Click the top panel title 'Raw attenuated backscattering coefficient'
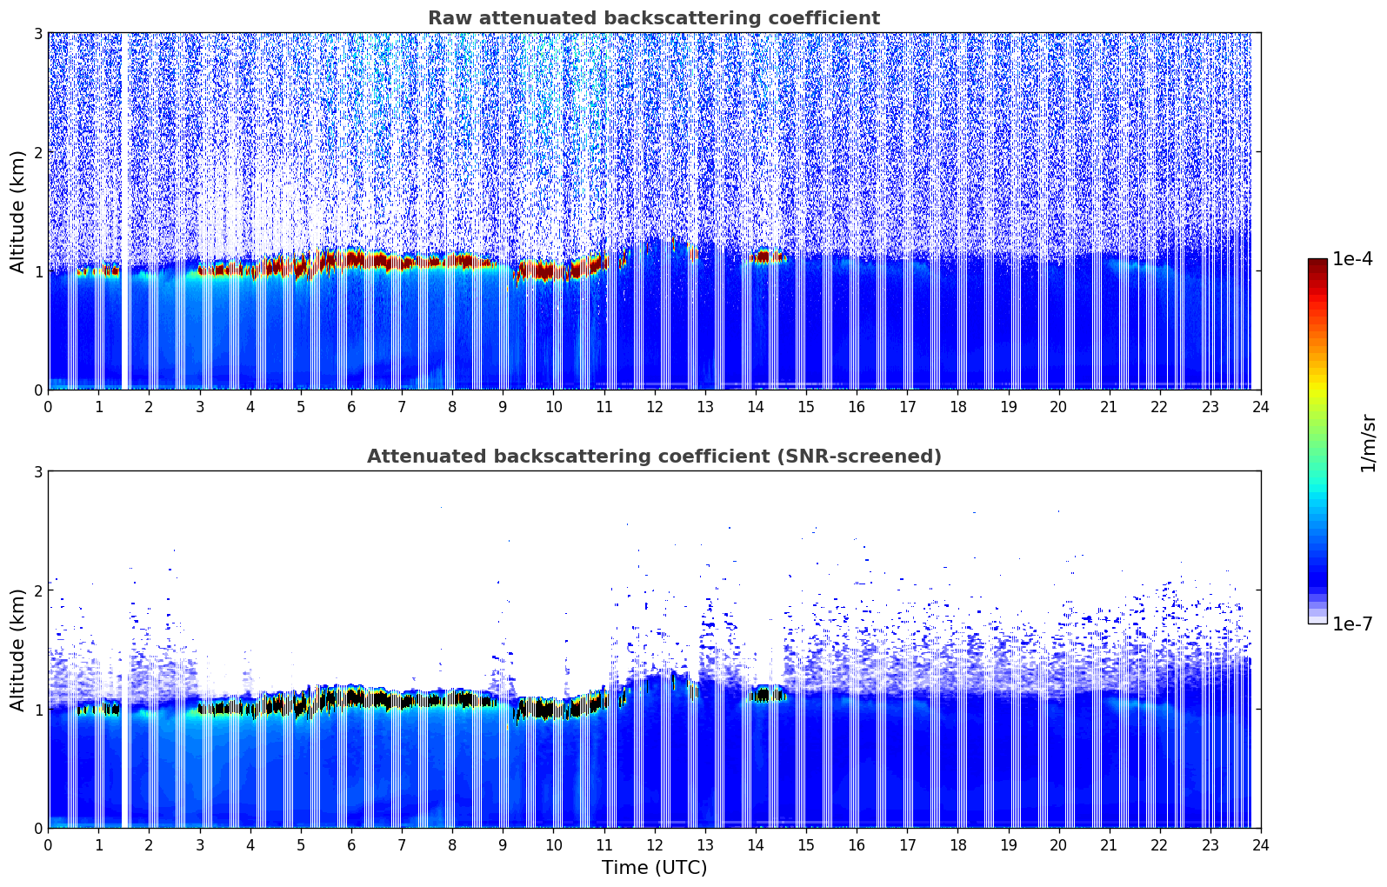pyautogui.click(x=653, y=18)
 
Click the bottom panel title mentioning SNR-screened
pyautogui.click(x=653, y=457)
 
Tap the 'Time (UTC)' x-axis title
pyautogui.click(x=654, y=867)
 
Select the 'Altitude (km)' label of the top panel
pyautogui.click(x=17, y=211)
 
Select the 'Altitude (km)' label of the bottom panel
pyautogui.click(x=17, y=650)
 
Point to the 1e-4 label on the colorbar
pyautogui.click(x=1352, y=259)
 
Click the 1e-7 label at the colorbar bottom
pyautogui.click(x=1352, y=624)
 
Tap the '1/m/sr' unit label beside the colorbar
pyautogui.click(x=1368, y=443)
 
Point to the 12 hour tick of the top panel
pyautogui.click(x=654, y=406)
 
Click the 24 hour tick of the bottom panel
pyautogui.click(x=1260, y=844)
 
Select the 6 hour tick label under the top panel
pyautogui.click(x=351, y=406)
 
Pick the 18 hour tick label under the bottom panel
pyautogui.click(x=957, y=844)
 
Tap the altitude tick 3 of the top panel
pyautogui.click(x=38, y=33)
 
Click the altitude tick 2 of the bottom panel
pyautogui.click(x=38, y=590)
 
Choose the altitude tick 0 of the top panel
pyautogui.click(x=38, y=390)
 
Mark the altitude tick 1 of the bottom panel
pyautogui.click(x=38, y=710)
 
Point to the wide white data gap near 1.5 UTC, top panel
pyautogui.click(x=125, y=209)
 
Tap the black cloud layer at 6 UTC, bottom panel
pyautogui.click(x=355, y=697)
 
